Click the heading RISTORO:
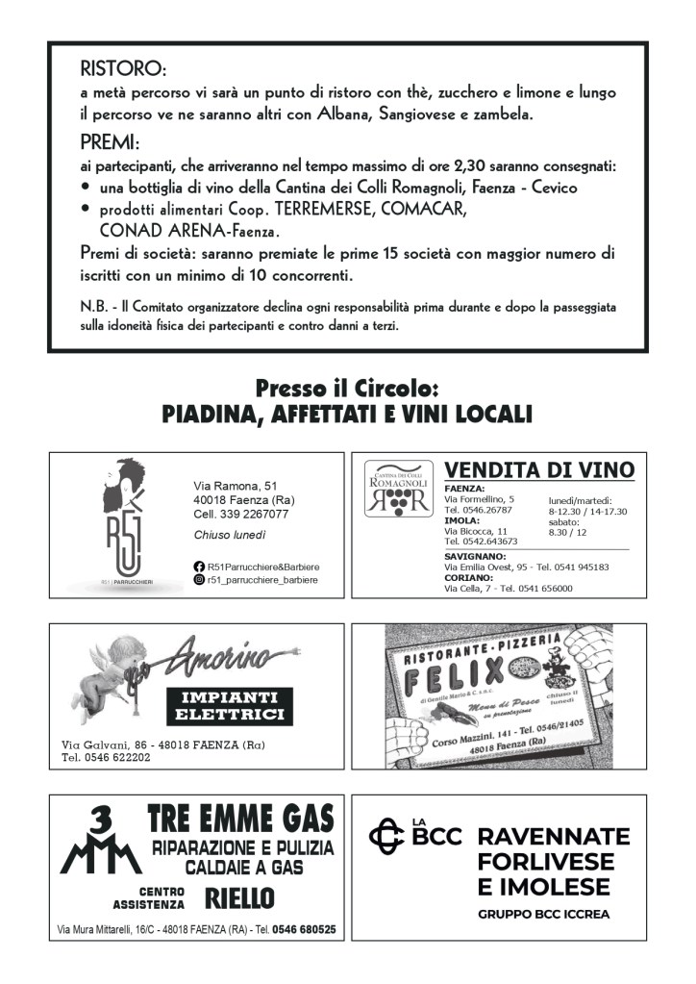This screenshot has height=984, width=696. coord(123,70)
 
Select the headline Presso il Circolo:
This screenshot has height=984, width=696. coord(347,390)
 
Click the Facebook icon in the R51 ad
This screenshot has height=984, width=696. coord(199,567)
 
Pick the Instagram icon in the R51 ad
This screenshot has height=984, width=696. coord(199,580)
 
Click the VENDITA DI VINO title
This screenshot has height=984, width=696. coord(539,470)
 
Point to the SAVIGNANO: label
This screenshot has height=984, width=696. coord(475,556)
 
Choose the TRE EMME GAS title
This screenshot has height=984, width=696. coord(240,820)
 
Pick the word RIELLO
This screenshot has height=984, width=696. coord(240,899)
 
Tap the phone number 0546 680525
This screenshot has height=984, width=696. coord(303,930)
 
